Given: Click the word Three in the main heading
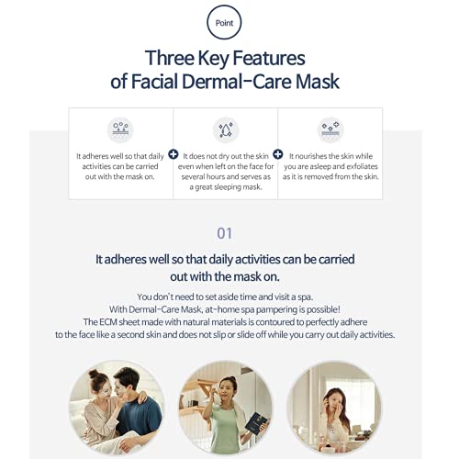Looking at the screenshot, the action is click(x=170, y=58).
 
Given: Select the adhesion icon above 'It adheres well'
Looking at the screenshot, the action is click(x=120, y=129).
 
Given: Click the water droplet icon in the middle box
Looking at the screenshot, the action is click(x=226, y=129).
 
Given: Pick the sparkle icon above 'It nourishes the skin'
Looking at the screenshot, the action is click(x=330, y=129).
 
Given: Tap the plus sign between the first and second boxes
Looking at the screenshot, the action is click(x=174, y=154).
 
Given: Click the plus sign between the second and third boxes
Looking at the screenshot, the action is click(x=278, y=154).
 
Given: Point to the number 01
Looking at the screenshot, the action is click(x=224, y=233).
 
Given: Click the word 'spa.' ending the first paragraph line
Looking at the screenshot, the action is click(x=305, y=297).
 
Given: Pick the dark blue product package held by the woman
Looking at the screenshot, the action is click(x=256, y=423).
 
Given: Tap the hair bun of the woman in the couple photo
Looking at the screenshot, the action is click(x=94, y=374).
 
